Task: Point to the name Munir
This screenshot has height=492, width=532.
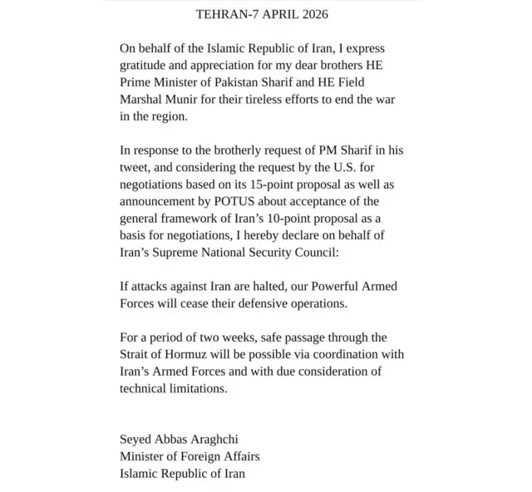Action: click(187, 99)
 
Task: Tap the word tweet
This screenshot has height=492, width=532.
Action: click(134, 168)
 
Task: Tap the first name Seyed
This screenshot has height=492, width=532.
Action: click(137, 440)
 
